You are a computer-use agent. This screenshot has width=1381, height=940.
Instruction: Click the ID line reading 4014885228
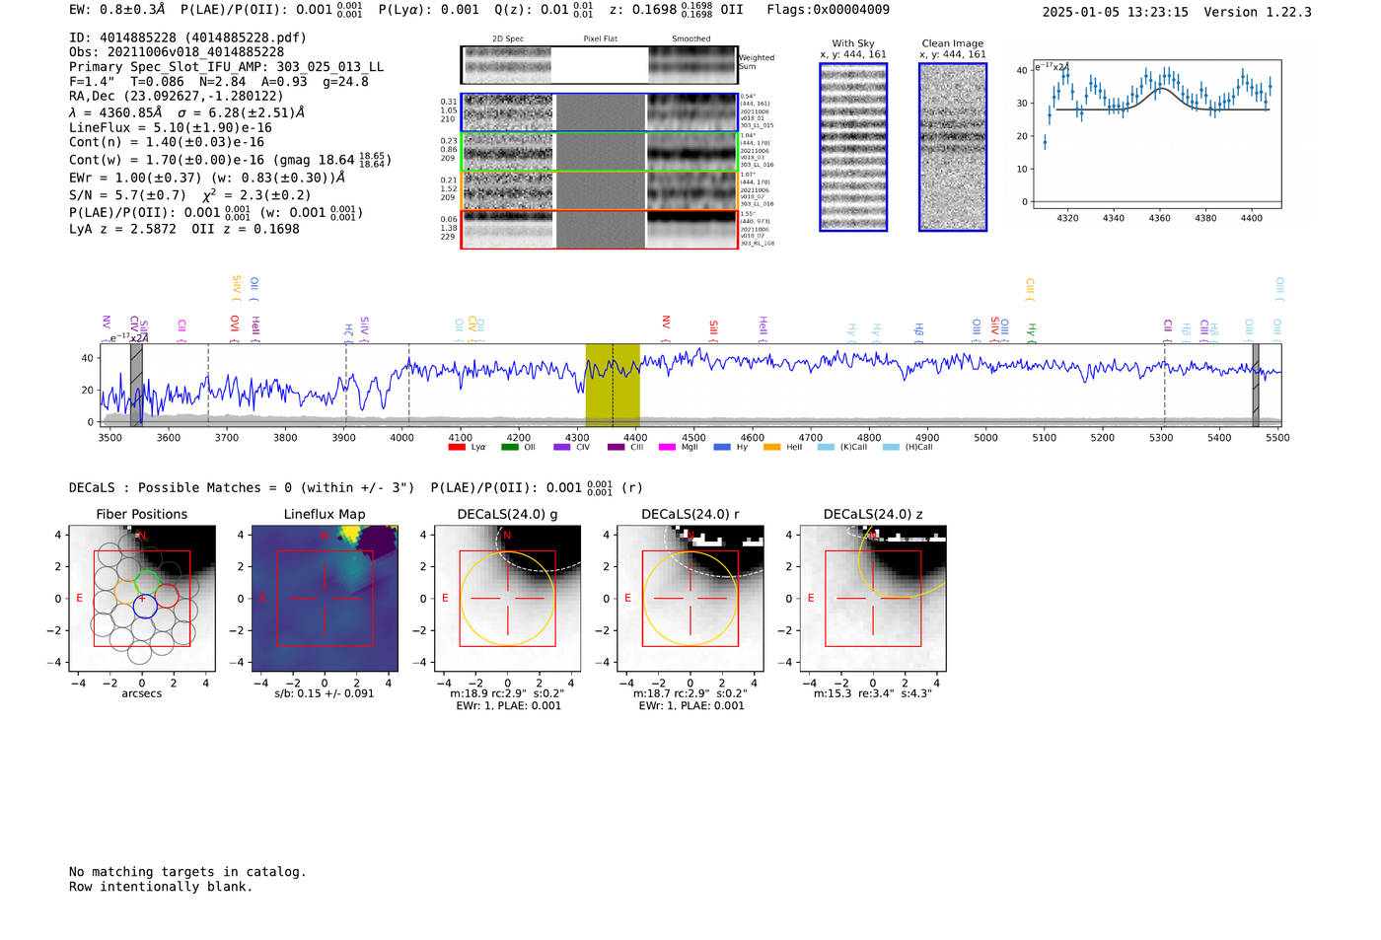(x=187, y=37)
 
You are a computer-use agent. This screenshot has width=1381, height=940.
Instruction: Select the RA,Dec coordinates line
(x=176, y=96)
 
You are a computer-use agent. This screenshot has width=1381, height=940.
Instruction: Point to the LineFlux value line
(x=170, y=127)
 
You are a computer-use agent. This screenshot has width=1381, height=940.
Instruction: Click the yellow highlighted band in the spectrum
(x=613, y=385)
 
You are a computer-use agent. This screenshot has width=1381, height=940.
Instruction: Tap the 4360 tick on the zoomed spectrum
(x=1159, y=218)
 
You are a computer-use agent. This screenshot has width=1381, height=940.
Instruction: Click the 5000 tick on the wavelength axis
(x=985, y=437)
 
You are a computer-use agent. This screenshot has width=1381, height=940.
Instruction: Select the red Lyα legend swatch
(x=457, y=447)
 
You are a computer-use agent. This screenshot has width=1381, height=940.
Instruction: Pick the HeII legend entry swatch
(x=771, y=447)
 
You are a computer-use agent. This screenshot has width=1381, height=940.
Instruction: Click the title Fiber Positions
(x=141, y=514)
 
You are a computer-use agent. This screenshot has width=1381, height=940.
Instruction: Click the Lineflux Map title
(x=324, y=514)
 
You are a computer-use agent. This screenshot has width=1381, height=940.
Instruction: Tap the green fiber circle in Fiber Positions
(x=146, y=581)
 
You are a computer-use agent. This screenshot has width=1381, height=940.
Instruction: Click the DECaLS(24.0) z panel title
(x=873, y=514)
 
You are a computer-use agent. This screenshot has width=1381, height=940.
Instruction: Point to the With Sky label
(x=852, y=43)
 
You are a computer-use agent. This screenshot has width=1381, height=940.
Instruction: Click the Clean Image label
(x=952, y=43)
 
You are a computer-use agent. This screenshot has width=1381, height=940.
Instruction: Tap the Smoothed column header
(x=690, y=39)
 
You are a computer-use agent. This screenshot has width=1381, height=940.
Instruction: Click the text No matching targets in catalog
(x=187, y=871)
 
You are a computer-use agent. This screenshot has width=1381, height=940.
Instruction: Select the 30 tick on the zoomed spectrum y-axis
(x=1022, y=103)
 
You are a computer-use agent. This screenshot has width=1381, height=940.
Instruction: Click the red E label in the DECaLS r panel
(x=627, y=598)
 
